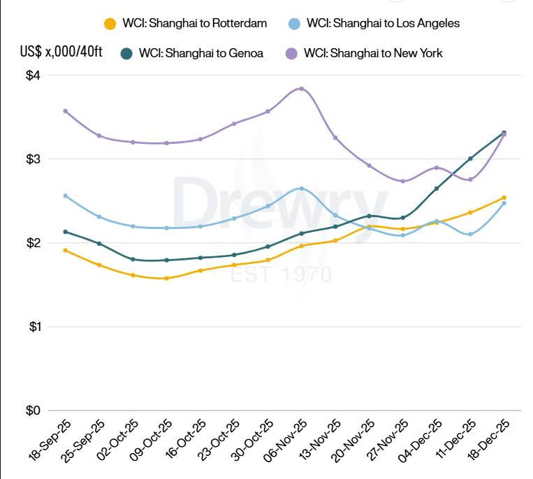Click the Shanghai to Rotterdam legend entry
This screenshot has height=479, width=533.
186,24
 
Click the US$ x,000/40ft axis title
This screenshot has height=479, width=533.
61,52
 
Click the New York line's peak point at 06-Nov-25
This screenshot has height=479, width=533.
301,89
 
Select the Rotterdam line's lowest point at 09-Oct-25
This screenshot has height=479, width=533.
166,279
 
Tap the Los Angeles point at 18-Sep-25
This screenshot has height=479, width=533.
65,196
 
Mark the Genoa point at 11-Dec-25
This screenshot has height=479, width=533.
470,159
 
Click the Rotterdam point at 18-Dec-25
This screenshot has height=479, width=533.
504,198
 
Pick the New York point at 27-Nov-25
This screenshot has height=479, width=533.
402,182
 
